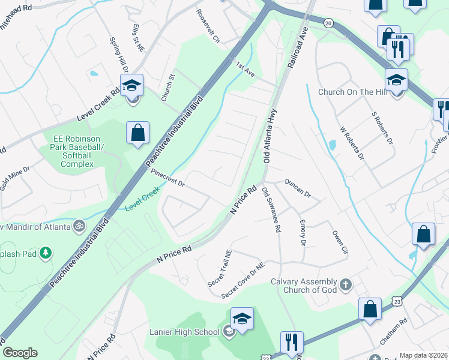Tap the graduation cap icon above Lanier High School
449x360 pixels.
(x=242, y=319)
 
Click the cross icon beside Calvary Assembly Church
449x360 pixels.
(x=345, y=284)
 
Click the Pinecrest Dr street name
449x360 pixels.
(x=167, y=179)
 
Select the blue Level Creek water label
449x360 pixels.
(x=143, y=207)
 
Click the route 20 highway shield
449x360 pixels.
(x=328, y=22)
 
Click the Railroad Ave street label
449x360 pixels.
(x=298, y=46)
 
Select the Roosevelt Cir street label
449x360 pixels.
(x=208, y=26)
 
